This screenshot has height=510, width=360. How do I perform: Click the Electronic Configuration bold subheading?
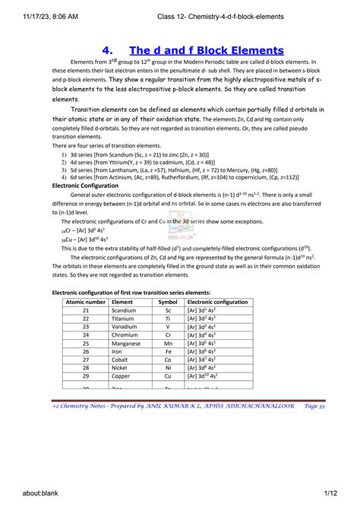click(87, 185)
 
